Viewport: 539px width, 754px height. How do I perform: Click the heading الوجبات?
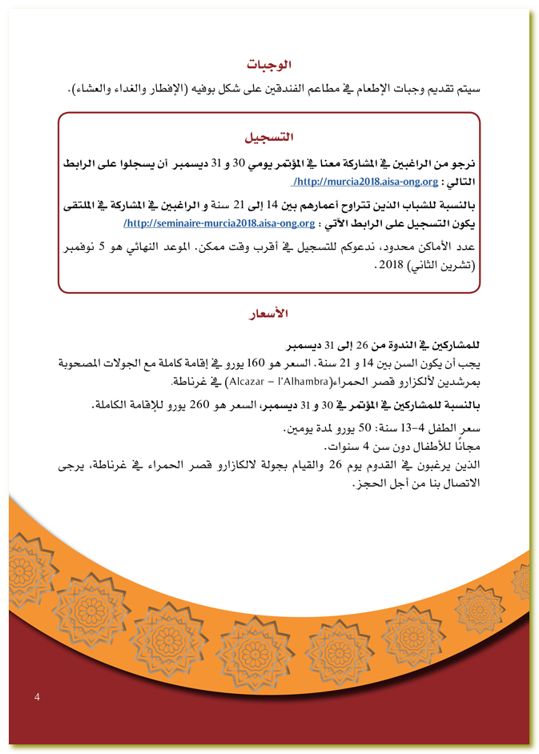(269, 64)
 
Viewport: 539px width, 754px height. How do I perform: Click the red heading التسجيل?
(269, 137)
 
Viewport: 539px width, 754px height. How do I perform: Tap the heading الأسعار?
(269, 313)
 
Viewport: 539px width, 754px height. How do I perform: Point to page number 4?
(37, 697)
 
